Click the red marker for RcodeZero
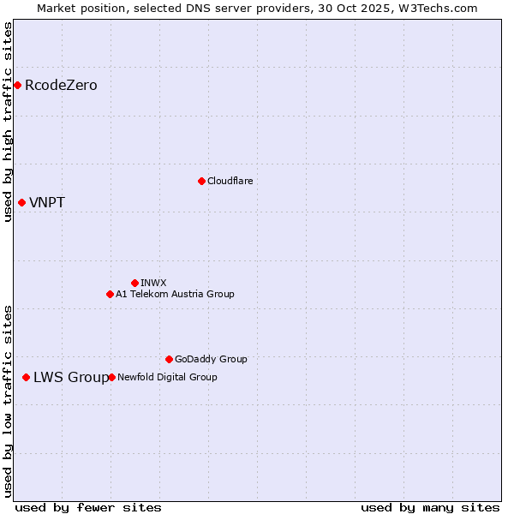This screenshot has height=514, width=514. (x=17, y=85)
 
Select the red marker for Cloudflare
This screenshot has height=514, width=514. (x=201, y=181)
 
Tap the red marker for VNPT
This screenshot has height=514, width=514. (x=21, y=202)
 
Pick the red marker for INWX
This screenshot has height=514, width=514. (x=134, y=283)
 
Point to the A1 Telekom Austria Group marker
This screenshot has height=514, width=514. (x=110, y=294)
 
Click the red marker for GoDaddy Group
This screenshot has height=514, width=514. (x=169, y=359)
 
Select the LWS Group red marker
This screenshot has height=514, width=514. (x=26, y=377)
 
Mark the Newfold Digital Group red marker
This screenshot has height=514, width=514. (x=111, y=377)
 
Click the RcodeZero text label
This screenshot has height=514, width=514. (x=61, y=86)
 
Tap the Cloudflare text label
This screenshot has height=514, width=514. (x=230, y=181)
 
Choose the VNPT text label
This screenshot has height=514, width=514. (x=47, y=203)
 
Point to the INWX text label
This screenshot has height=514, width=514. (x=153, y=283)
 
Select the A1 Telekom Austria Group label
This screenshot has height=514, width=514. (x=175, y=294)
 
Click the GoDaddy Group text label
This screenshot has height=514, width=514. (x=211, y=359)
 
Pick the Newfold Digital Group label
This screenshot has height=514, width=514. (x=167, y=377)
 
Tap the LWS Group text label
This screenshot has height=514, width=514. (x=71, y=378)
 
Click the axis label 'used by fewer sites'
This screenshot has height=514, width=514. (x=88, y=507)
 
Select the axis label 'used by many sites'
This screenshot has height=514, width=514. (x=430, y=507)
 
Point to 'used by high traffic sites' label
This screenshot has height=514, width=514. (x=8, y=122)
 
